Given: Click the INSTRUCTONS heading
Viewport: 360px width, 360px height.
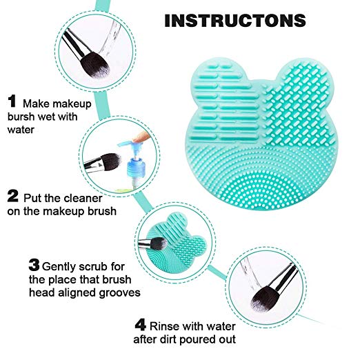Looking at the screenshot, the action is click(235, 21).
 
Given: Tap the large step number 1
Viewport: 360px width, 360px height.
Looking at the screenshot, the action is click(12, 101).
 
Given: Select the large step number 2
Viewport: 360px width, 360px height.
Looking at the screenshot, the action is click(12, 196).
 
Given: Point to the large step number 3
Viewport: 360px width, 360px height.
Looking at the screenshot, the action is click(34, 265).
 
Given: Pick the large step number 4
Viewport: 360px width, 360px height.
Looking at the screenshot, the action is click(140, 325).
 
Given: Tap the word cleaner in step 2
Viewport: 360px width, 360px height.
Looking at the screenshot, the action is click(83, 199).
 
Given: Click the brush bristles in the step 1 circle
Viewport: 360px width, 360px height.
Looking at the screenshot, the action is click(94, 65).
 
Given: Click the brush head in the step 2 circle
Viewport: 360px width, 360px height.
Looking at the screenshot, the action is click(110, 161).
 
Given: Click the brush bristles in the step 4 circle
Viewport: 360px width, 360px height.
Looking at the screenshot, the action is click(264, 298).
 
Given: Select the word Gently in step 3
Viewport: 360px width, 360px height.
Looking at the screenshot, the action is click(59, 268).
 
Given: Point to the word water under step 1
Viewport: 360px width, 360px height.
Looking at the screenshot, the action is click(21, 130).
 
